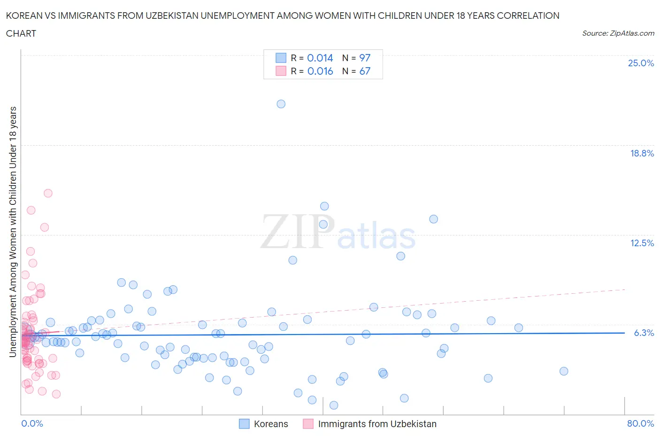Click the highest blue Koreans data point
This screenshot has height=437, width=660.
281,104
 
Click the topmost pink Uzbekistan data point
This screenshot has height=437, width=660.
48,193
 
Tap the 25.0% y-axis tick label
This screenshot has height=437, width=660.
641,63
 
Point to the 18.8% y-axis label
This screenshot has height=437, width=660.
642,153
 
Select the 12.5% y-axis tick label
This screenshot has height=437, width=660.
642,243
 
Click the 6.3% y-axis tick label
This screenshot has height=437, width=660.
644,333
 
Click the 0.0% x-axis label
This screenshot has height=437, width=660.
32,423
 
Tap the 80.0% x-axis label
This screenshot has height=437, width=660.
640,423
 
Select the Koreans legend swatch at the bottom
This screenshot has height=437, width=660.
244,424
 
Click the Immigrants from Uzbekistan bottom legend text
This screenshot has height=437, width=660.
377,424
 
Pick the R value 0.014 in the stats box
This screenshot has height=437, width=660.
320,58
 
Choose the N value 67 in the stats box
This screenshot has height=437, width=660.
365,71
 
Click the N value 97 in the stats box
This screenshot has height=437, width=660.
365,58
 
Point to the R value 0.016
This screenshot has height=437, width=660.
320,71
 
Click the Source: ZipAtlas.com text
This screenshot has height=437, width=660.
618,33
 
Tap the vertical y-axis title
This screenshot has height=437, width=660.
13,232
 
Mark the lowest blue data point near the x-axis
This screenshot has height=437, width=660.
334,405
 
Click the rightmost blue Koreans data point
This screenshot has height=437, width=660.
564,371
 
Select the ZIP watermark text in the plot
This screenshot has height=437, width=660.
298,232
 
